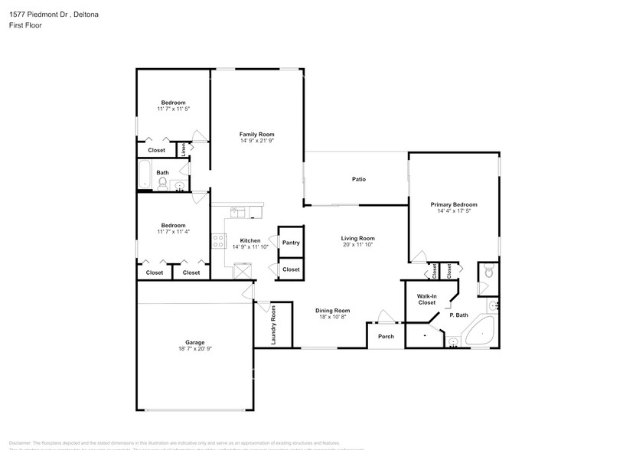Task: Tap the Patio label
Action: tap(358, 179)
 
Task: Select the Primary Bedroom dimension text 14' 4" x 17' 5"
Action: tap(454, 211)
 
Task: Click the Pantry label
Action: tap(291, 243)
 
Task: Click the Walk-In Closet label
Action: tap(426, 299)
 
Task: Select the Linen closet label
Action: tap(183, 149)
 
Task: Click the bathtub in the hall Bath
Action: tap(144, 174)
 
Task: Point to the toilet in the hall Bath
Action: tap(163, 183)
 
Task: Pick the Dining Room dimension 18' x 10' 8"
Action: tap(332, 316)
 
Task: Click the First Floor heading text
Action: tap(26, 25)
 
